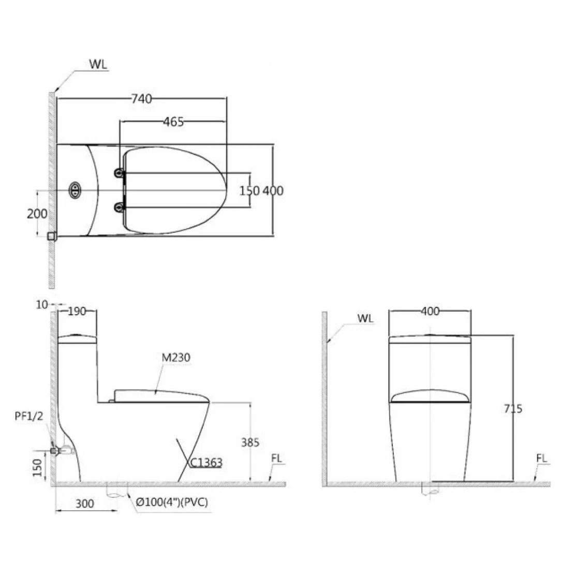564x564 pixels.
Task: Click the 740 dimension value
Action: (141, 98)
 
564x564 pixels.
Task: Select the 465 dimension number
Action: (173, 122)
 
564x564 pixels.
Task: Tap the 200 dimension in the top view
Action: (37, 214)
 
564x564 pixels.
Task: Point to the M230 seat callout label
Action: (176, 358)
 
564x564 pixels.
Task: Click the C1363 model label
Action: (206, 462)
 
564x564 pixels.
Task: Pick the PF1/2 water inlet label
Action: (29, 416)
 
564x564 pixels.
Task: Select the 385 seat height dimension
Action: (250, 442)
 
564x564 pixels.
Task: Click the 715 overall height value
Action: (513, 409)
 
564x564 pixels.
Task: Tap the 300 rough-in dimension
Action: (84, 503)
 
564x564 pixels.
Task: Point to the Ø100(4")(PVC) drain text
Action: (172, 502)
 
